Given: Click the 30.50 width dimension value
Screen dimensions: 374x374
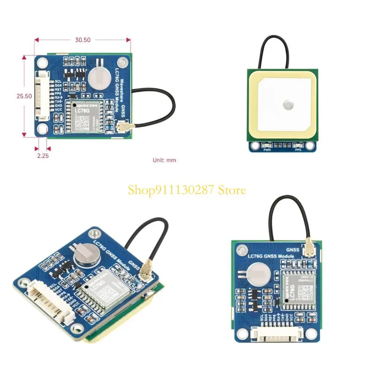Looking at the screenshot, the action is coord(83,40).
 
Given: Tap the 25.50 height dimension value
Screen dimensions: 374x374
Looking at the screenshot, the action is coord(24,96).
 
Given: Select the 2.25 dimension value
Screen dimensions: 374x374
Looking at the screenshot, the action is coord(42,156).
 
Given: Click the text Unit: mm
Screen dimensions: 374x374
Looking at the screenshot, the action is coord(164,160).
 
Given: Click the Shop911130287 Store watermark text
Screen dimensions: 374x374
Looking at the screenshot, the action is coord(187,190).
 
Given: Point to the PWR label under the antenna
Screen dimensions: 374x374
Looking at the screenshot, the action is coord(266,150).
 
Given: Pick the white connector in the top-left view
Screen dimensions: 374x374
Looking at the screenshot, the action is coord(42,96).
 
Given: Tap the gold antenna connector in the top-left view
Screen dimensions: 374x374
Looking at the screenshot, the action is coord(121,127).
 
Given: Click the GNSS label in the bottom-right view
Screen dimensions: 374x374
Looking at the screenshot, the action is coord(293,250).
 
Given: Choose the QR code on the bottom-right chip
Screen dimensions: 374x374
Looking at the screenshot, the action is coord(305,291).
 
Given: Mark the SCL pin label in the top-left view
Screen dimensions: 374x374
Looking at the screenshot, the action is coord(58,81).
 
